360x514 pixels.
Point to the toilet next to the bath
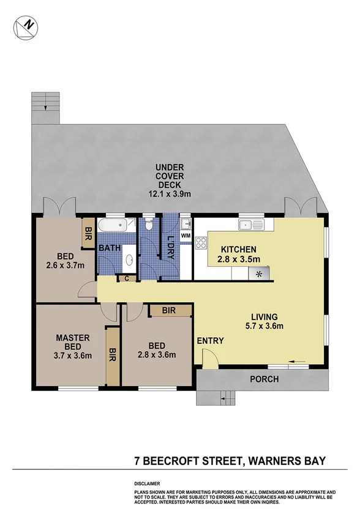(148, 224)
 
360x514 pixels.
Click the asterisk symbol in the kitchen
(260, 274)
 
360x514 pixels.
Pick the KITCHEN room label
(239, 249)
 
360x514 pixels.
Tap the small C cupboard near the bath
(126, 278)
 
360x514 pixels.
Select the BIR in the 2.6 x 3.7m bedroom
(88, 231)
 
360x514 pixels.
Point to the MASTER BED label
(73, 342)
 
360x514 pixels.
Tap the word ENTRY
(210, 341)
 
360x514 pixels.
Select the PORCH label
(264, 379)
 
